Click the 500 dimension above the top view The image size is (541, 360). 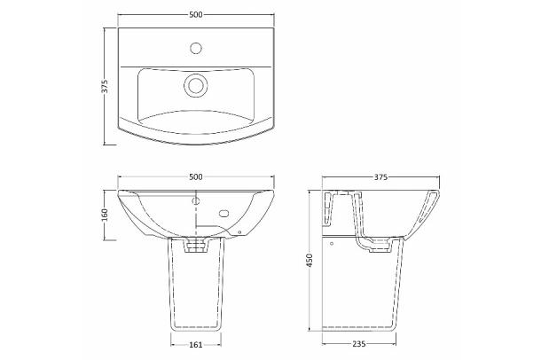(x=196, y=14)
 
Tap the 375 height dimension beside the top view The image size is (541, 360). (x=106, y=86)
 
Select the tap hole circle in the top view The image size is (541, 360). (x=196, y=48)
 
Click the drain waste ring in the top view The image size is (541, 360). (x=196, y=85)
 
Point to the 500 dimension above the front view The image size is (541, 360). (x=196, y=177)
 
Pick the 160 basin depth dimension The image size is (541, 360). (x=106, y=215)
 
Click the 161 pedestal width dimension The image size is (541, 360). (x=196, y=344)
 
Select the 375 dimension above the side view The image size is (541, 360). (x=380, y=177)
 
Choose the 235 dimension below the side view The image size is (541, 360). (x=359, y=344)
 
